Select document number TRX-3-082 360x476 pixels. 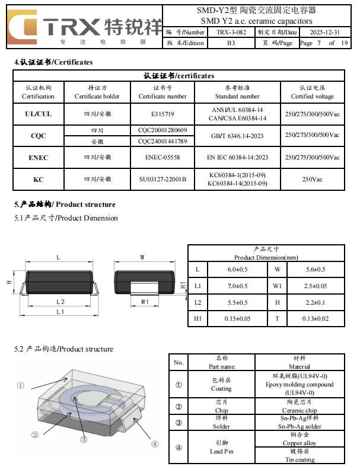tap(231, 32)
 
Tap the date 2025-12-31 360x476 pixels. tap(324, 32)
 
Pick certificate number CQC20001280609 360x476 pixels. tap(163, 130)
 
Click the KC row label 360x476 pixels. tap(38, 179)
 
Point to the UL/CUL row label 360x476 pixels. tap(38, 114)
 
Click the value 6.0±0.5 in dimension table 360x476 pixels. tap(237, 270)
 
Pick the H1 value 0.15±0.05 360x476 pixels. tap(237, 318)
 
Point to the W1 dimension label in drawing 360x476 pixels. tap(144, 302)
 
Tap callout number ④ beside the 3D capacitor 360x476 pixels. tap(155, 443)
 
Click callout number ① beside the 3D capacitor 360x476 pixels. tap(20, 385)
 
